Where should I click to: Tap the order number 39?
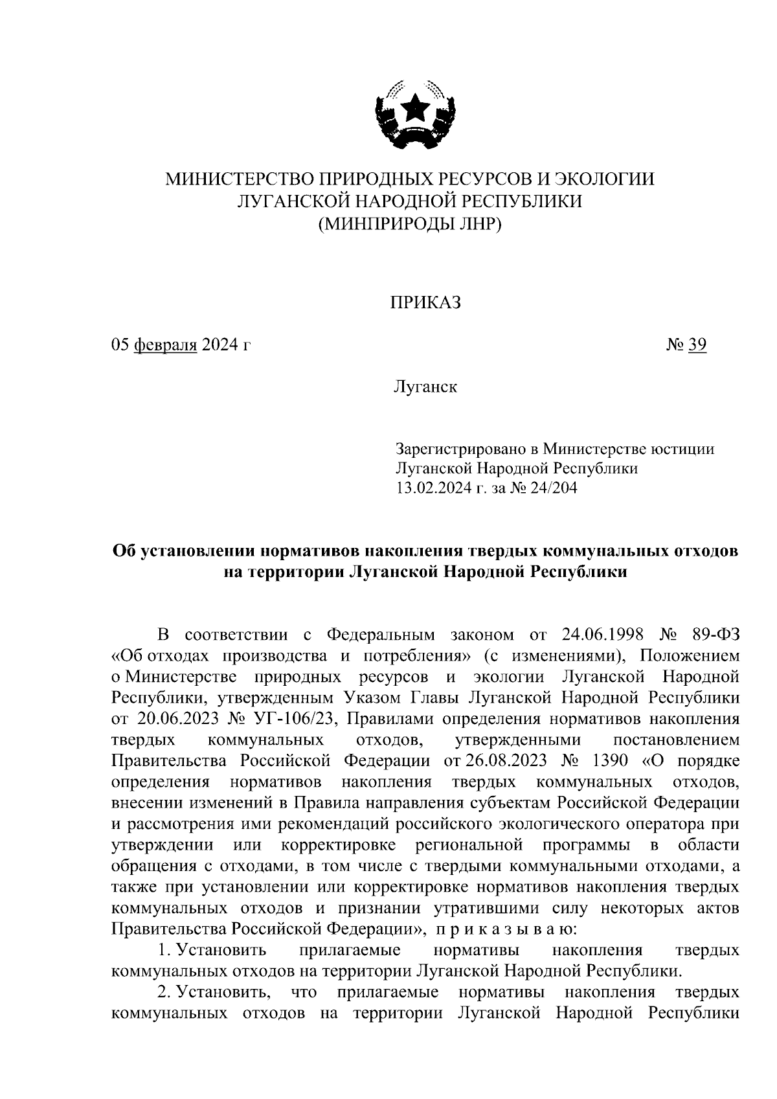tap(697, 345)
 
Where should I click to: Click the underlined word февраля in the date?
tap(165, 345)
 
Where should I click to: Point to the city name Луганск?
tap(424, 387)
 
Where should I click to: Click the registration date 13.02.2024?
tap(434, 488)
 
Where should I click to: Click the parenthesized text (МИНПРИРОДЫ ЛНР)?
tap(410, 223)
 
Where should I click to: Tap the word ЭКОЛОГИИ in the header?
tap(605, 178)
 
